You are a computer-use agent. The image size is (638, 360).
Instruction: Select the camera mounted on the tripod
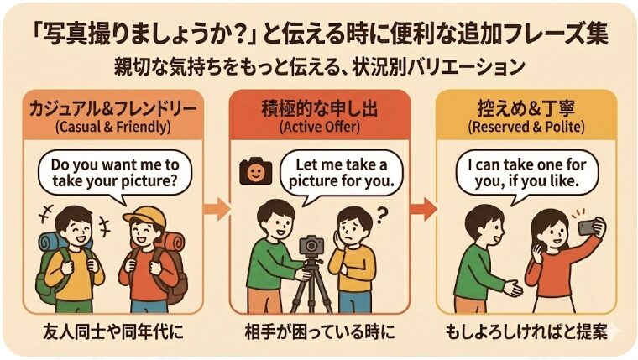click(311, 244)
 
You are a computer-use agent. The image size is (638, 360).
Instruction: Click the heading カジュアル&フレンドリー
click(112, 109)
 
